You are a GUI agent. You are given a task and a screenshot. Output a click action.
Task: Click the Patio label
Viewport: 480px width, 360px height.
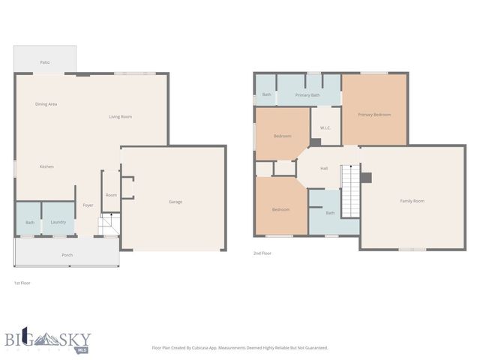(44, 62)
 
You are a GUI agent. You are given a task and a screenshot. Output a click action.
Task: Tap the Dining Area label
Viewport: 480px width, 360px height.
(46, 104)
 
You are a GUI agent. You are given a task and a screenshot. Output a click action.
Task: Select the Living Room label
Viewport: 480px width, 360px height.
(120, 116)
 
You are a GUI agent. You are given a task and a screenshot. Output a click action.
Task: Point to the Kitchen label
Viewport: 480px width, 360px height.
(46, 166)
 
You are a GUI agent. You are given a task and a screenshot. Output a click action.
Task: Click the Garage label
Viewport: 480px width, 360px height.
(175, 202)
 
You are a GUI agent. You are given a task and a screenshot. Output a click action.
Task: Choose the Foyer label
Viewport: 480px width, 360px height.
(88, 205)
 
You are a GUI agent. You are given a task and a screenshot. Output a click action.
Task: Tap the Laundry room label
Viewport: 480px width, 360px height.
(58, 222)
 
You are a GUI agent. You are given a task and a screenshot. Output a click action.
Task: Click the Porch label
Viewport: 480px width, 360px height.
(67, 255)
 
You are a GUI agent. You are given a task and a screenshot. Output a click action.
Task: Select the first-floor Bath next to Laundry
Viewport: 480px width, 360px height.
(30, 222)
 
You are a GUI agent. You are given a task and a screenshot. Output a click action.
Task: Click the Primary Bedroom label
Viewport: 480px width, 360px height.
(374, 115)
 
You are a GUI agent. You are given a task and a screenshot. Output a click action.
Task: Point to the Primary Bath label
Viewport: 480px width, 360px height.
(307, 95)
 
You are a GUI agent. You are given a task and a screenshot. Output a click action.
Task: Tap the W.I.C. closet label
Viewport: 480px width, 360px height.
(325, 127)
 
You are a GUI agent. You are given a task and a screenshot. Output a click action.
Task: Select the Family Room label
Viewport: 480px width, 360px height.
(412, 201)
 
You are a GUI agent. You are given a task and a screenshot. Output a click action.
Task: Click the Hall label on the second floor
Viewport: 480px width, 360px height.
(324, 168)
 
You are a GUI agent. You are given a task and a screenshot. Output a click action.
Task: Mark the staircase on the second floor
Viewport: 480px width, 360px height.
(350, 191)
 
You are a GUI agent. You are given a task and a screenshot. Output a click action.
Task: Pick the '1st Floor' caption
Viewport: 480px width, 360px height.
(22, 283)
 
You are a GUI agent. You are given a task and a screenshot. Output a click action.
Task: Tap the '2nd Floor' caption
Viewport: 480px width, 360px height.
(262, 253)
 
